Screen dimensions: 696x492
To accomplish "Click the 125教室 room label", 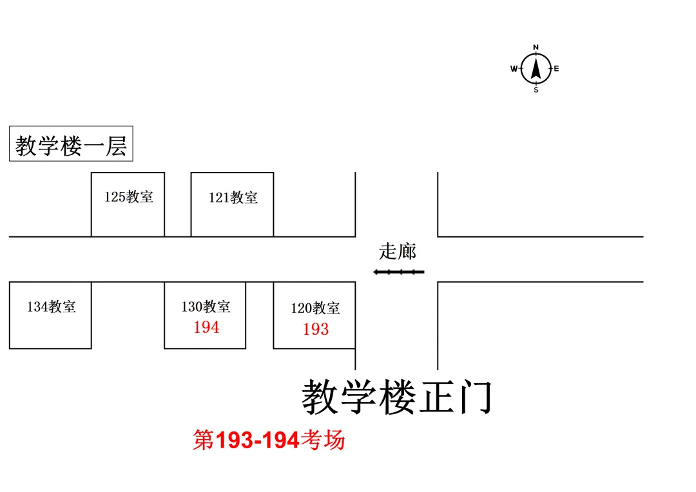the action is click(x=129, y=197).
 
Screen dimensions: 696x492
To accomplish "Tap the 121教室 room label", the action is click(x=233, y=198).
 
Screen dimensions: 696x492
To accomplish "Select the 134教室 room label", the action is click(x=51, y=307).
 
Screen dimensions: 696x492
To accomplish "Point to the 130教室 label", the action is click(x=206, y=307).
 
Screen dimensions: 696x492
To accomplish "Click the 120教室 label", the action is click(x=315, y=308).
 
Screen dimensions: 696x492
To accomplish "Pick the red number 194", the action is click(x=206, y=328).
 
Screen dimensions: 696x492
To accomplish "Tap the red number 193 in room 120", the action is click(x=316, y=330).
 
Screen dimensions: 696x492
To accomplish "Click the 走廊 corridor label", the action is click(x=397, y=251).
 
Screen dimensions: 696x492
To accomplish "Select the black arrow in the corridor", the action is click(x=399, y=272).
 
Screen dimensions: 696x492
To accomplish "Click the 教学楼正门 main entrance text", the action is click(x=398, y=397).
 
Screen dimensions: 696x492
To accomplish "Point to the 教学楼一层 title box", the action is click(x=71, y=144).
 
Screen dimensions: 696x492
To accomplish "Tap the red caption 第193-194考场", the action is click(x=269, y=440).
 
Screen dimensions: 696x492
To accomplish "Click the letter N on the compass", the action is click(x=536, y=48).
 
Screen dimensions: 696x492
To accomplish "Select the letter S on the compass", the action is click(x=536, y=90).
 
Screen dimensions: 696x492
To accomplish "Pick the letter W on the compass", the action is click(x=514, y=69).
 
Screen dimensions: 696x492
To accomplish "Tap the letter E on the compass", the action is click(x=557, y=69).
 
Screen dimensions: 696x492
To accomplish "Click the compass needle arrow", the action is click(x=536, y=68).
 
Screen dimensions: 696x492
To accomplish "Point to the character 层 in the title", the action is click(x=116, y=146).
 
